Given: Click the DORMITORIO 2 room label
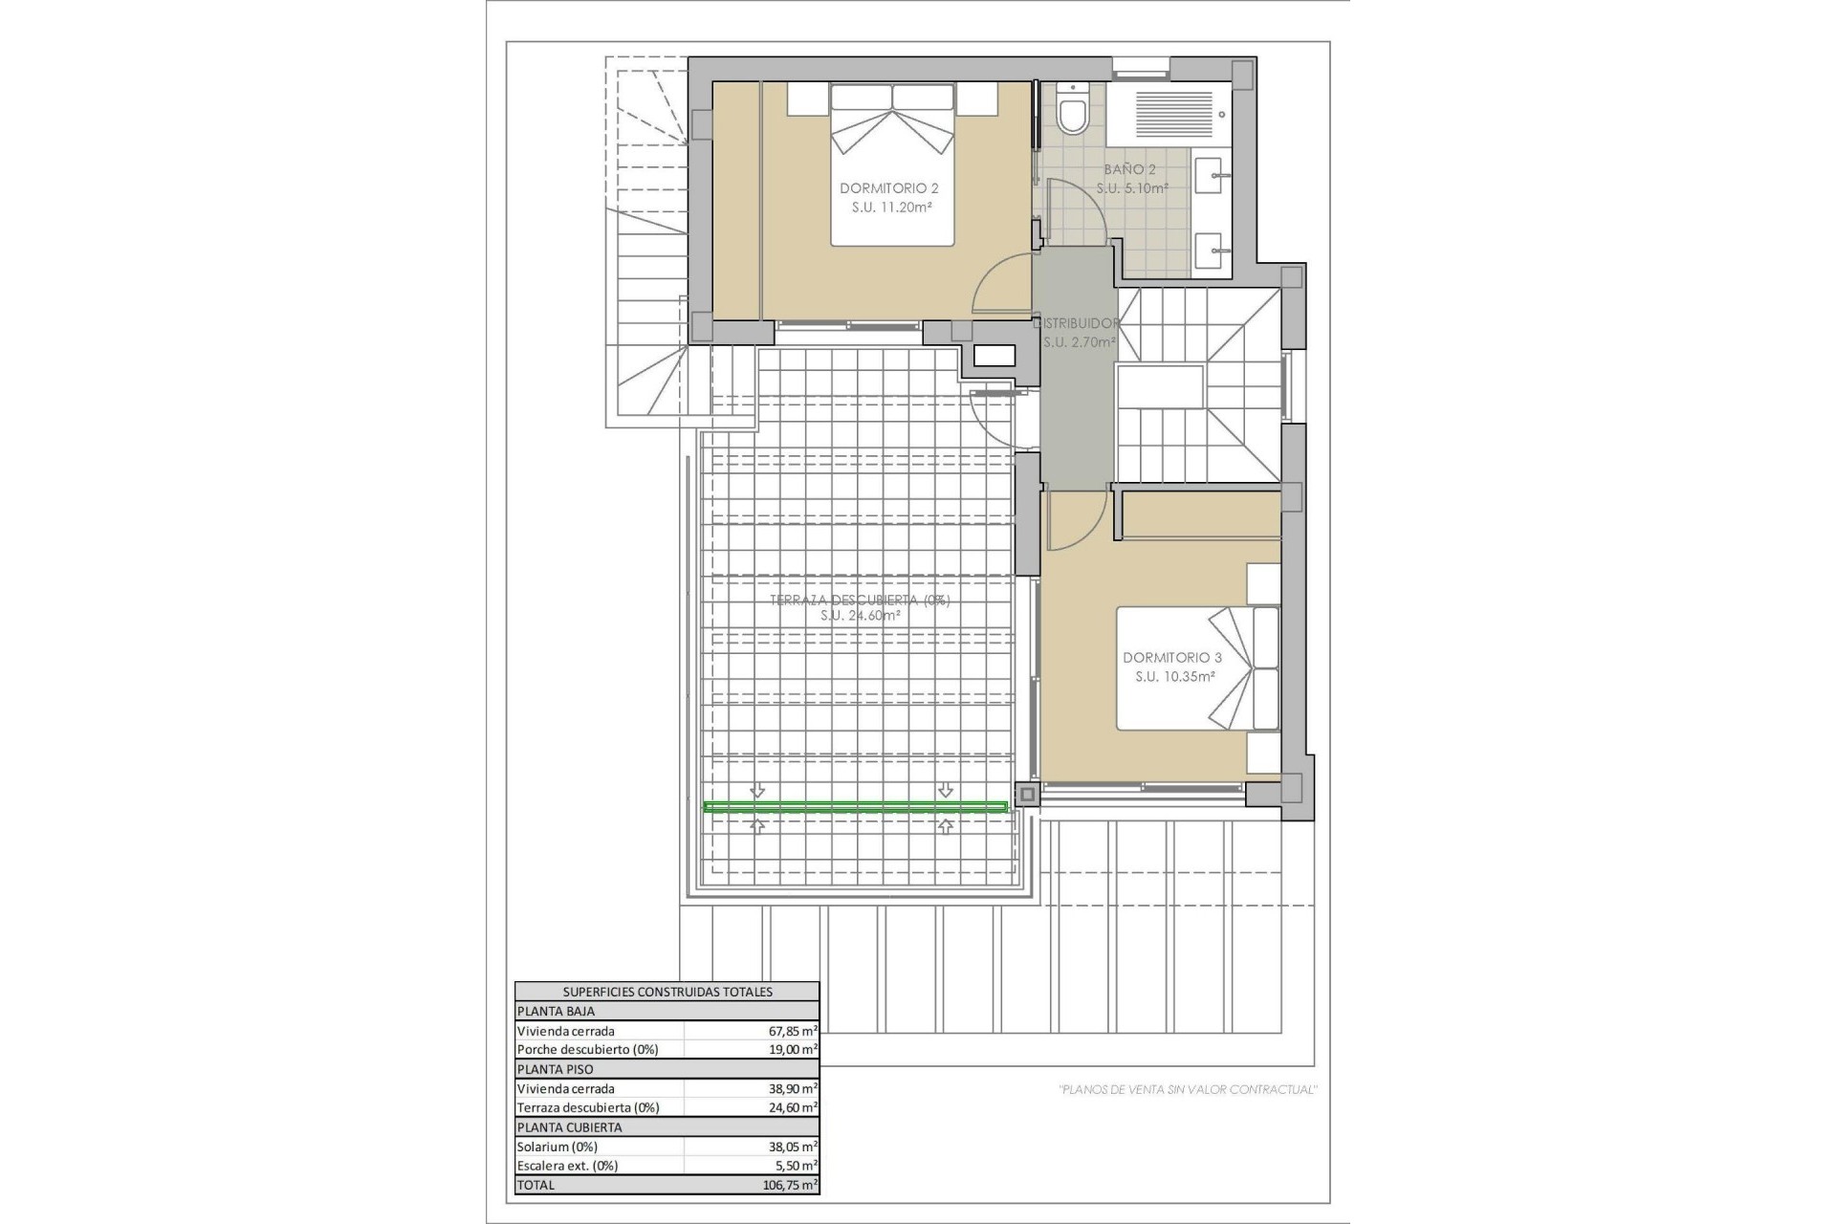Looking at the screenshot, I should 888,188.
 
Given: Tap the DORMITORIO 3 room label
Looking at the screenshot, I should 1172,658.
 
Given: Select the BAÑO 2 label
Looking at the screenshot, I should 1130,169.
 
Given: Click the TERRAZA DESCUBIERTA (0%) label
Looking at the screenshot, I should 860,601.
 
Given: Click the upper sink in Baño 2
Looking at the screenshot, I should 1213,176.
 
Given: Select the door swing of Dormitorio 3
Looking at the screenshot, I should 1076,523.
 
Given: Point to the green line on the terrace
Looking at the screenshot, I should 855,808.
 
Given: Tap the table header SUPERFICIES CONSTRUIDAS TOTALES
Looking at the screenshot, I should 667,992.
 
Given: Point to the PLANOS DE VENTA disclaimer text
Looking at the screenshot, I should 1187,1089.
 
